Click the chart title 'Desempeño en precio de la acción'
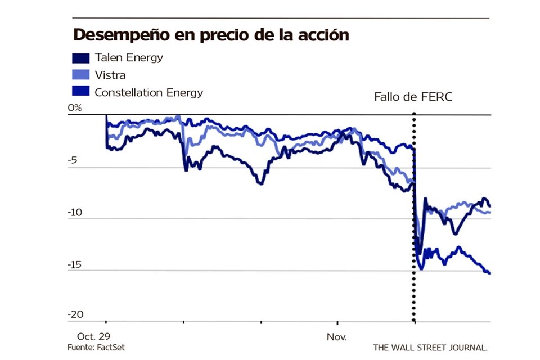pos(211,35)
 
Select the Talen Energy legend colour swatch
pos(80,58)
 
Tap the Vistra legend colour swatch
pos(80,75)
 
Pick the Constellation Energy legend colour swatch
pos(80,92)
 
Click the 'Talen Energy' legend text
pos(129,58)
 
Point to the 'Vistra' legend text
pos(110,75)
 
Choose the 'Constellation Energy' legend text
pos(149,92)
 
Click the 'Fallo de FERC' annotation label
pos(413,97)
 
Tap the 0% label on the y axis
pos(75,108)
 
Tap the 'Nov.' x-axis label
pos(337,338)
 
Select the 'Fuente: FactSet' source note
pos(96,348)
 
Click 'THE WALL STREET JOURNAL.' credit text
pos(430,348)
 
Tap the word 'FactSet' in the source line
pos(111,348)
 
